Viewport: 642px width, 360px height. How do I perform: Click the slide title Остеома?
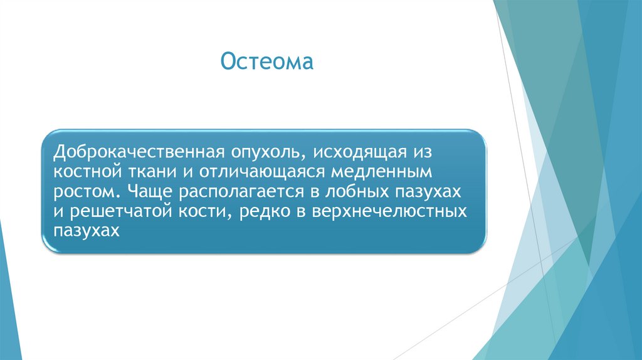click(x=267, y=61)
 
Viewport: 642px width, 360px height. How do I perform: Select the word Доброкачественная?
click(x=139, y=152)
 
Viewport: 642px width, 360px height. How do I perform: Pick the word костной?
click(x=88, y=172)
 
